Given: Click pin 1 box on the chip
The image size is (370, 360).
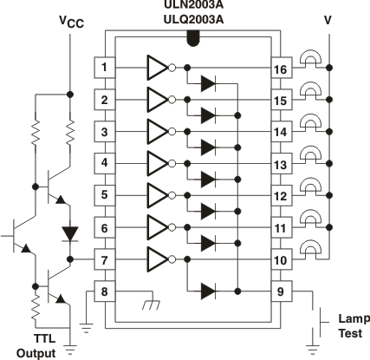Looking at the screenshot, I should pos(104,67).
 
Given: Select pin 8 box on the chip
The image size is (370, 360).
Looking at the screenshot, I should pos(104,291).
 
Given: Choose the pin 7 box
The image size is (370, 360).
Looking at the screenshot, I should pos(104,259).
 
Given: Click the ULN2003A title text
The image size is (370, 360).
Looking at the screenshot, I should pos(192,4).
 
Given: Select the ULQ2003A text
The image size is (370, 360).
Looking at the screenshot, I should pos(192,18).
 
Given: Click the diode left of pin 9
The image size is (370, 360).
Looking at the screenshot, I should pos(207,291).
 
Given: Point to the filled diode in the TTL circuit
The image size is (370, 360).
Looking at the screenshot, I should pos(70,233).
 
